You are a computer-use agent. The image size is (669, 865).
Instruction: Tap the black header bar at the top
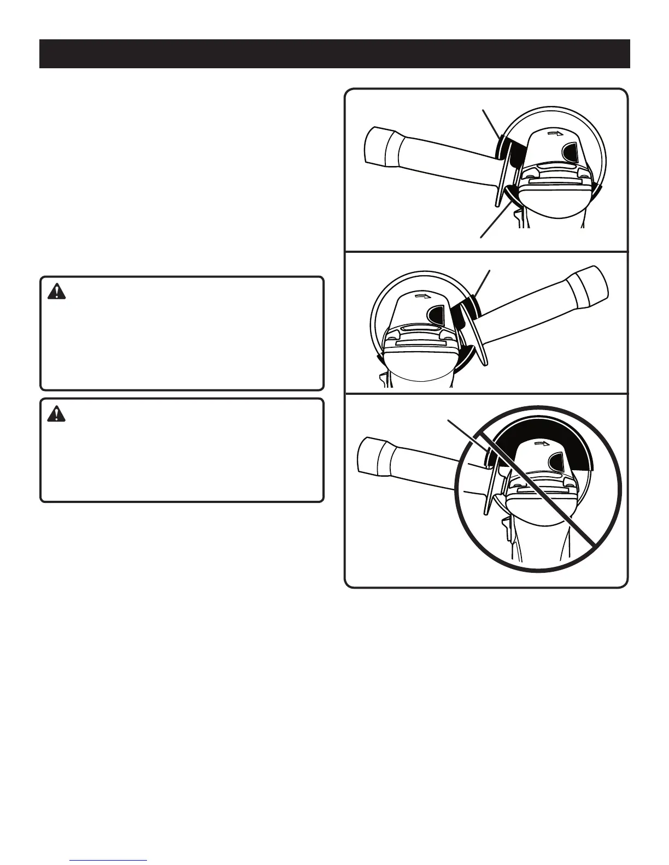pos(334,54)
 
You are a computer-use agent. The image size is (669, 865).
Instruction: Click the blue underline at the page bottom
pos(109,860)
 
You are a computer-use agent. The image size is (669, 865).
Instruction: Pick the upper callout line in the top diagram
pos(490,123)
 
